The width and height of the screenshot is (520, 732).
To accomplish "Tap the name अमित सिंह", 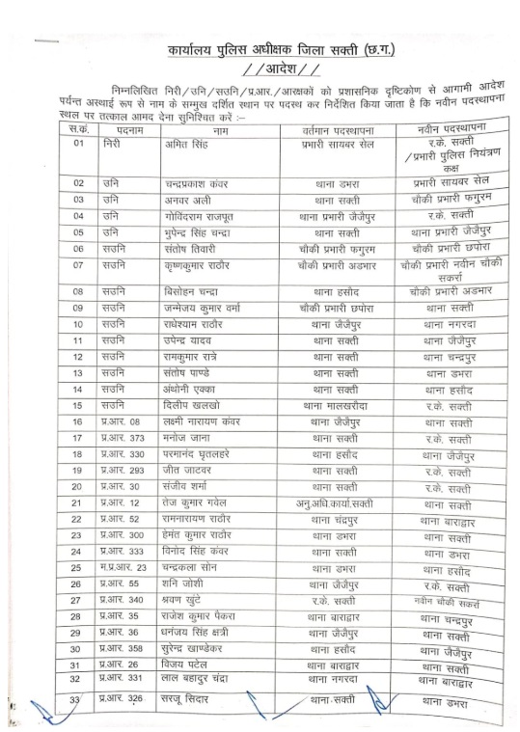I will point(186,144).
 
